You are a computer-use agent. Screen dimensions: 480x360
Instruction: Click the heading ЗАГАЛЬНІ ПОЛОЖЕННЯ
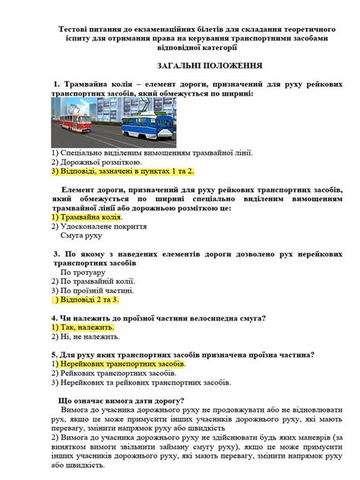coord(180,66)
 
